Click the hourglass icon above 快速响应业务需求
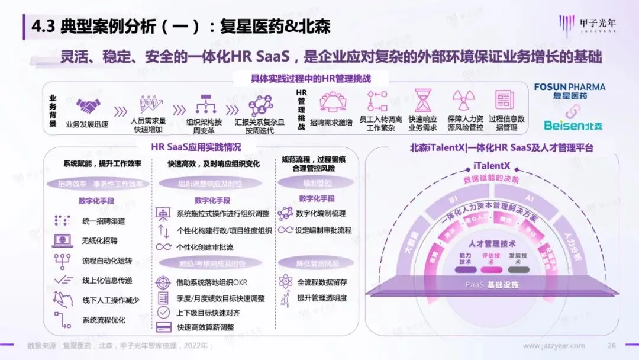[x=423, y=101]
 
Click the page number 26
[x=612, y=346]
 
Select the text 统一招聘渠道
[x=104, y=221]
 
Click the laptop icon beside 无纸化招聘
[x=62, y=240]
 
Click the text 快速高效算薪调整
[x=205, y=327]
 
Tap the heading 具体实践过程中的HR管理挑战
[x=311, y=78]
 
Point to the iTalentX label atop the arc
[x=492, y=165]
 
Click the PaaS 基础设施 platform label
[x=492, y=285]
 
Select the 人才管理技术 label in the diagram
[x=492, y=243]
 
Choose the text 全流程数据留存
[x=322, y=282]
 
